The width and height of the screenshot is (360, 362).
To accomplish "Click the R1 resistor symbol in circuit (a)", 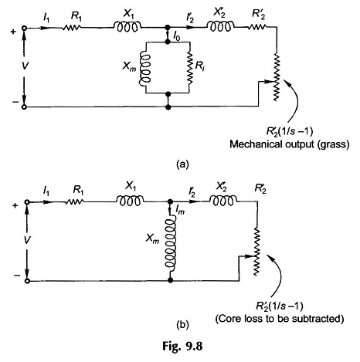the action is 71,28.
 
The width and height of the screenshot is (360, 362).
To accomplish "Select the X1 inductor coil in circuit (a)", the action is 128,27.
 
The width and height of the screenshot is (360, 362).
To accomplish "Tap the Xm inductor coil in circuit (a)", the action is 144,67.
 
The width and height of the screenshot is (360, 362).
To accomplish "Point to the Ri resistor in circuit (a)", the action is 189,67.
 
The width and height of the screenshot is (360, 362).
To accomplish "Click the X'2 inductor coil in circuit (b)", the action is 223,201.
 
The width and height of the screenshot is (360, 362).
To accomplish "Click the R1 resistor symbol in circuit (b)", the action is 74,202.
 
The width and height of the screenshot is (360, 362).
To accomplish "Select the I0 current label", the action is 176,38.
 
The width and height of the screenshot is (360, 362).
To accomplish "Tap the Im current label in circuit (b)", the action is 180,211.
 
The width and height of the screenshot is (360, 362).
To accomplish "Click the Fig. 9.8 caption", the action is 182,347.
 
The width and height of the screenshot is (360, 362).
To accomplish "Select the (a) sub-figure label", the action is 182,164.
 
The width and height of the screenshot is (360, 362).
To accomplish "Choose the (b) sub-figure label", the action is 182,325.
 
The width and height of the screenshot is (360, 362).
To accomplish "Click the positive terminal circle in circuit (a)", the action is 24,29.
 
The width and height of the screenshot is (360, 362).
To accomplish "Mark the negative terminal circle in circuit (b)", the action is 27,281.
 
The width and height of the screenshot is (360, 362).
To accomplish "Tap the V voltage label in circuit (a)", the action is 25,66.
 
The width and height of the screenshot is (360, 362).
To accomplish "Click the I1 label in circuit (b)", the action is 46,191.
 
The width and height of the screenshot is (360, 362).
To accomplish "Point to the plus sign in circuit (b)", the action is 15,206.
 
